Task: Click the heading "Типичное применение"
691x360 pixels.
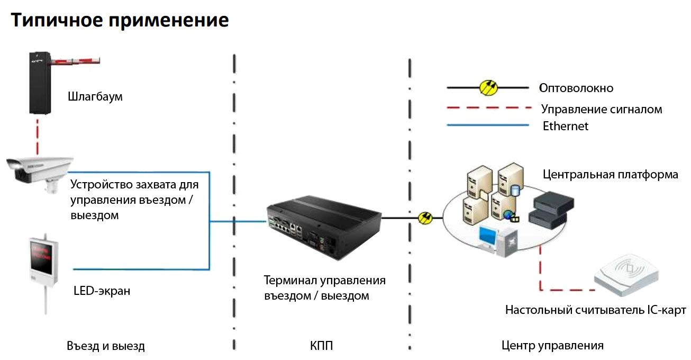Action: coord(120,20)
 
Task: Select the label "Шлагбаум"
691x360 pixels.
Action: coord(95,97)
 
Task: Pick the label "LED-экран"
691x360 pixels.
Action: coord(102,291)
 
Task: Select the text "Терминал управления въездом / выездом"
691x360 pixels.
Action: coord(324,287)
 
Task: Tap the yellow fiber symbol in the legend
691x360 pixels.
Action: coord(488,88)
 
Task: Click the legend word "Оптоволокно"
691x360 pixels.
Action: coord(576,88)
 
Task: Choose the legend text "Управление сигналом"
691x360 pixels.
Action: coord(602,110)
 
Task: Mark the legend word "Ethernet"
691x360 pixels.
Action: coord(566,126)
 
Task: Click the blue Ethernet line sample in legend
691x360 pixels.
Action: coord(487,125)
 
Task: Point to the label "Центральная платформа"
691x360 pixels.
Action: coord(610,175)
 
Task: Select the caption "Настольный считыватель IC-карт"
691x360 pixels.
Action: coord(595,310)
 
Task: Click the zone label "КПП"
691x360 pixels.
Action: coord(322,346)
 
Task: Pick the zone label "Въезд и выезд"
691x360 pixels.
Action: coord(106,346)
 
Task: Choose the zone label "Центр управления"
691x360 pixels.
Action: coord(552,346)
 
